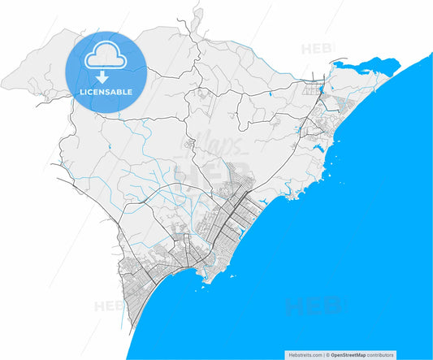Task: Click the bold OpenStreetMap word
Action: [348, 355]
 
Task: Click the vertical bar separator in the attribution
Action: [323, 355]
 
